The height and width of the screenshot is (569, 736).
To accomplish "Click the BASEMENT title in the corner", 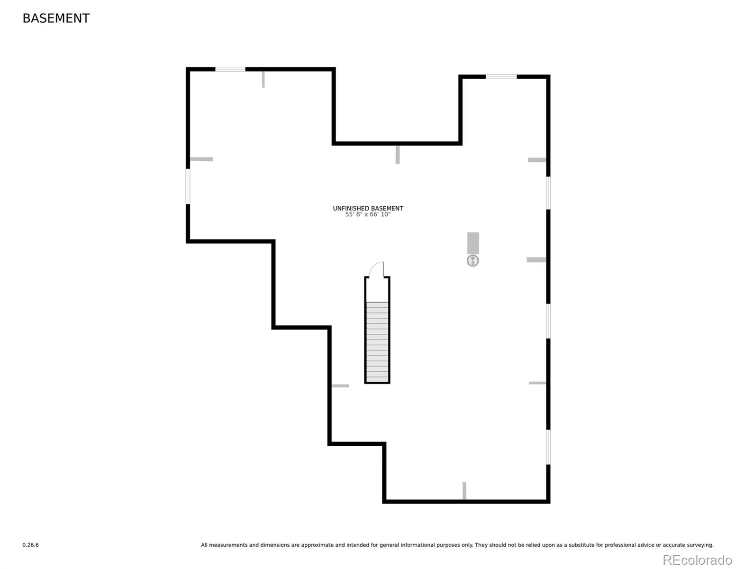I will tap(56, 18).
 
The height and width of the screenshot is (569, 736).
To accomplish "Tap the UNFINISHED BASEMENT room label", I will tap(368, 208).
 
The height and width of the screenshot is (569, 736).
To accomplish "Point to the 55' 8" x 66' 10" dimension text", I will tap(368, 215).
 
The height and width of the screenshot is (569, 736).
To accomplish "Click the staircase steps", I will tap(377, 341).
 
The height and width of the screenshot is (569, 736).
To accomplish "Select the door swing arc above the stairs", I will tap(377, 268).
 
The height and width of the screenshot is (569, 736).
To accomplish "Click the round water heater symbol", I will tap(472, 260).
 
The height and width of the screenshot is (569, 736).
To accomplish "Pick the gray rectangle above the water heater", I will tap(473, 243).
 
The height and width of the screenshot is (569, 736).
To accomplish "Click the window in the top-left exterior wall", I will tap(230, 69).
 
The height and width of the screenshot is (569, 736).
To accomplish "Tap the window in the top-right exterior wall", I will tap(501, 76).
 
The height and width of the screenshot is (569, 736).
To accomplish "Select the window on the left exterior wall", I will tap(188, 186).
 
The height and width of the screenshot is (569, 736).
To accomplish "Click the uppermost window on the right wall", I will tap(548, 193).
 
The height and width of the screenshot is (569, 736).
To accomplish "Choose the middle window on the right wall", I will tap(548, 321).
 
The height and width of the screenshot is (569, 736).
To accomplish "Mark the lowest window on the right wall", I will tap(548, 447).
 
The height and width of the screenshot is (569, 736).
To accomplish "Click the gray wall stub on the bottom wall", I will tap(464, 490).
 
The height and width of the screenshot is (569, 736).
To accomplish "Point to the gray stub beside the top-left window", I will tap(264, 79).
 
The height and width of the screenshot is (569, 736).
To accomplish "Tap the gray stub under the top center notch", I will tap(398, 155).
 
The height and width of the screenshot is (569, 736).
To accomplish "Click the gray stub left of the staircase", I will tap(340, 385).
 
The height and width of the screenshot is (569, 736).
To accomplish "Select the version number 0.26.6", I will tap(30, 545).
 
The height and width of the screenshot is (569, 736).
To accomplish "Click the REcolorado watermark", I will tap(697, 560).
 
